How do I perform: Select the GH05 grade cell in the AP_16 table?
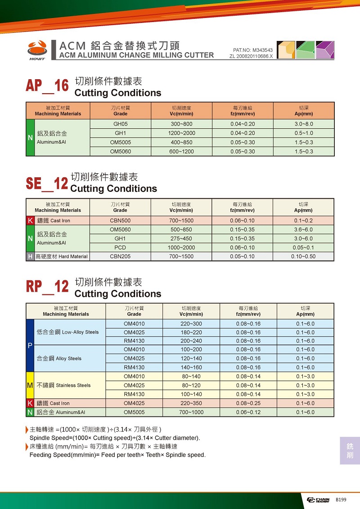coord(121,124)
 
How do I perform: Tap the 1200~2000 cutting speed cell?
coord(181,133)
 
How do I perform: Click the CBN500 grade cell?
coord(120,221)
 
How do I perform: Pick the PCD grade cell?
coord(120,248)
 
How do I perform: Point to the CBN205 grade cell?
coord(120,257)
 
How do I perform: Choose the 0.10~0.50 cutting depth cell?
coord(303,257)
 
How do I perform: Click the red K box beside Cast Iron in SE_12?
coord(30,221)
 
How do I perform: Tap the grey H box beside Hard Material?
coord(30,257)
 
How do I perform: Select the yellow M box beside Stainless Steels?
coord(30,385)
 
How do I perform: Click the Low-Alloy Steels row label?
coord(67,332)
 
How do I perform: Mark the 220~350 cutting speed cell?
coord(191,403)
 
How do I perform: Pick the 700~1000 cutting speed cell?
coord(191,412)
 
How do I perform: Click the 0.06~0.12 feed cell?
coord(248,412)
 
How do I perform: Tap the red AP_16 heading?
coord(47,86)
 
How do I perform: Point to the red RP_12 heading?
coord(47,287)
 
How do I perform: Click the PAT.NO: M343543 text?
coord(253,50)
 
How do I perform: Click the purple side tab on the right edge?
coord(350,450)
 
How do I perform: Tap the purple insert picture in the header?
coord(325,50)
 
